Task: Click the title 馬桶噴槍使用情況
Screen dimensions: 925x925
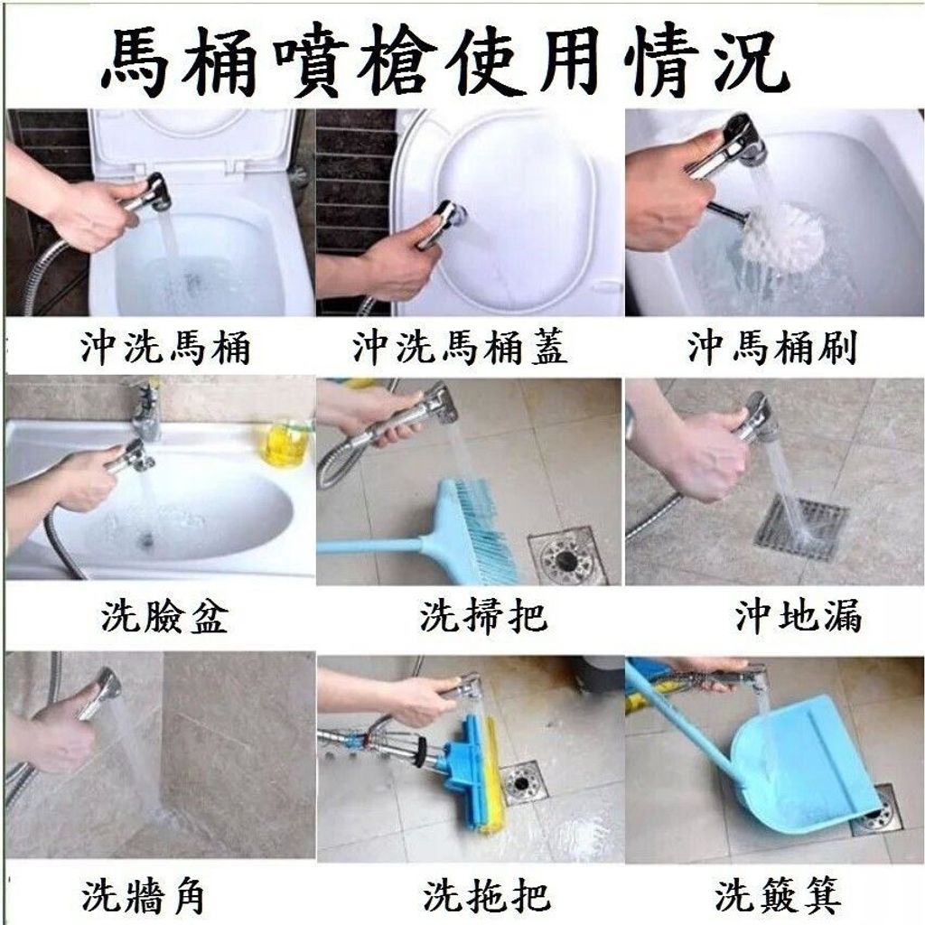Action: click(x=445, y=60)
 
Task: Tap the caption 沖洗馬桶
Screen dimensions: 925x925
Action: click(x=166, y=347)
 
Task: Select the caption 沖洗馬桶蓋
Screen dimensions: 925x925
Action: click(x=460, y=347)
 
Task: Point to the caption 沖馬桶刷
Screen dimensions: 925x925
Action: click(x=772, y=347)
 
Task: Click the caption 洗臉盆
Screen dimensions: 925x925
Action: click(x=164, y=617)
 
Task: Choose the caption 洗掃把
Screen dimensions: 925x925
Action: click(x=484, y=616)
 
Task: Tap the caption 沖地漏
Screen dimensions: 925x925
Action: click(x=799, y=616)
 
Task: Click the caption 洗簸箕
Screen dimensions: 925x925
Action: click(x=778, y=895)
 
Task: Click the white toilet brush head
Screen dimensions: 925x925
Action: click(x=781, y=236)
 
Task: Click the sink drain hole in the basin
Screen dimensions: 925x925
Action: click(x=145, y=538)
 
